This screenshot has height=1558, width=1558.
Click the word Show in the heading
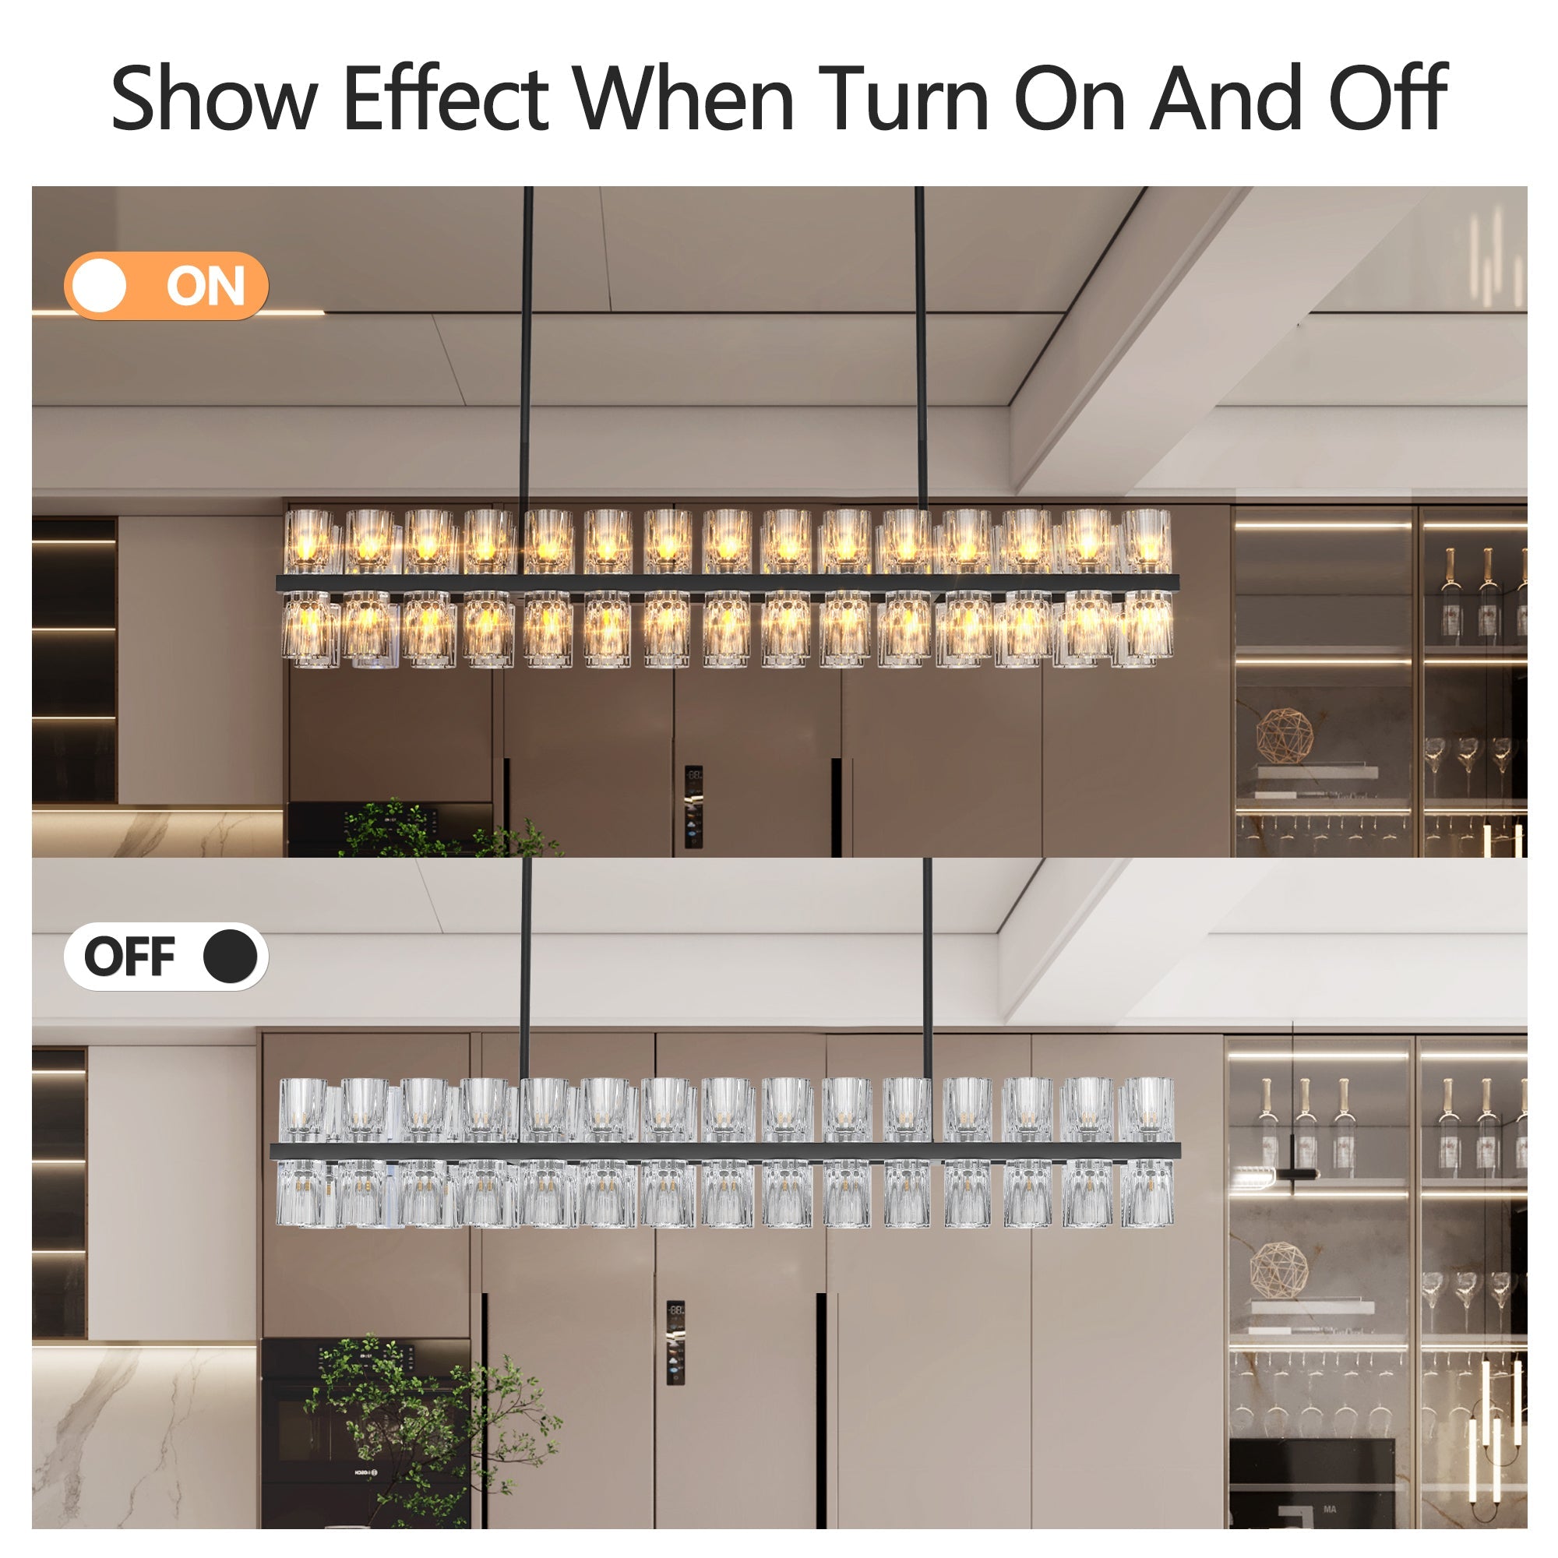(213, 98)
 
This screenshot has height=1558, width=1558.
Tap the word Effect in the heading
(445, 98)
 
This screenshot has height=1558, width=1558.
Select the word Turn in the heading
(903, 98)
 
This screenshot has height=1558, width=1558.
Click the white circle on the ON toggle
(99, 285)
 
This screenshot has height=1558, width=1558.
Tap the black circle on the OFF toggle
(230, 957)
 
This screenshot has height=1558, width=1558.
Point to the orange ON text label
(205, 286)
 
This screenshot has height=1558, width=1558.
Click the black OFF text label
(129, 957)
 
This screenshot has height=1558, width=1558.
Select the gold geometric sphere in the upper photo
(1284, 736)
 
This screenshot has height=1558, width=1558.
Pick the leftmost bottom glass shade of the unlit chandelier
(301, 1193)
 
